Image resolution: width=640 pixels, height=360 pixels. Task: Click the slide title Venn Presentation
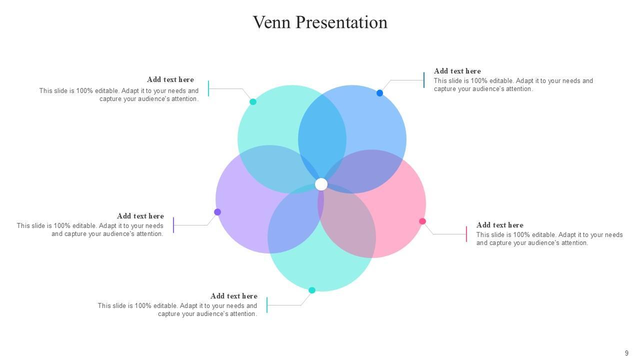pos(320,22)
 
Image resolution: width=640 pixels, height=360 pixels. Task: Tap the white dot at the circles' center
pos(321,184)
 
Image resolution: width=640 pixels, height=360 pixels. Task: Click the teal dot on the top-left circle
pos(253,102)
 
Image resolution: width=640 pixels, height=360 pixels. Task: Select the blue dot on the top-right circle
pos(379,93)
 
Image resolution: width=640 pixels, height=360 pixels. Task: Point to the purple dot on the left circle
pos(217,212)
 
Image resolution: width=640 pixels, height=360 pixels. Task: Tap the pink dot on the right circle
pos(422,221)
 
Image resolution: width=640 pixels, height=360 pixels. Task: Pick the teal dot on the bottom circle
pos(312,290)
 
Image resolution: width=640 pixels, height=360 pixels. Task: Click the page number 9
pos(626,353)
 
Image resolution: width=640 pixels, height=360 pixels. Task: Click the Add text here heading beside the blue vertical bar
pos(457,71)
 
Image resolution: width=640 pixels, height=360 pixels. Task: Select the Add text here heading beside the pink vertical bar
pos(499,225)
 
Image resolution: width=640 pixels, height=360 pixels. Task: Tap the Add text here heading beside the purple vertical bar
pos(140,216)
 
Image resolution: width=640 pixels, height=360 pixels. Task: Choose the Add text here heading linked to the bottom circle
pos(233,296)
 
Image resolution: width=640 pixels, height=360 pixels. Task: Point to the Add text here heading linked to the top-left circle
pos(170,79)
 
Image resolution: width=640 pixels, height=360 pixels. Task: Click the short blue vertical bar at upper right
pos(424,80)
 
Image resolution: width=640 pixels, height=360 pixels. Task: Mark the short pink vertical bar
pos(466,234)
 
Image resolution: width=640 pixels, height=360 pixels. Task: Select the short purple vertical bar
pos(173,225)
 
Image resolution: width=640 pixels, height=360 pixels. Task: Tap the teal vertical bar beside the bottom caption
pos(267,305)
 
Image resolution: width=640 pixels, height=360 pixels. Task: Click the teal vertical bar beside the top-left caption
pos(208,88)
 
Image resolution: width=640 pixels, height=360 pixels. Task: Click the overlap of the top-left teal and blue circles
pos(322,130)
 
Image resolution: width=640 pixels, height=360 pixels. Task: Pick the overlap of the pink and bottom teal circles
pos(347,225)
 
